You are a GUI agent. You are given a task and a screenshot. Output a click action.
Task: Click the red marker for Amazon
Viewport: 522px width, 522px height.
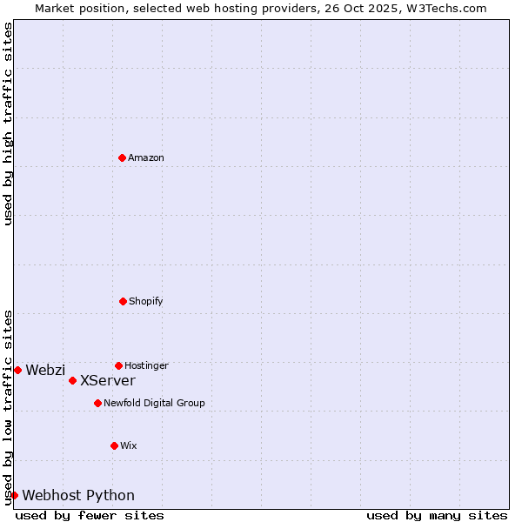tap(122, 157)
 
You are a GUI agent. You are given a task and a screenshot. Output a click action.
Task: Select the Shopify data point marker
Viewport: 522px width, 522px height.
tap(123, 301)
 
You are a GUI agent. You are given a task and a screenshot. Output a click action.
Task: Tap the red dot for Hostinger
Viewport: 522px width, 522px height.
tap(118, 365)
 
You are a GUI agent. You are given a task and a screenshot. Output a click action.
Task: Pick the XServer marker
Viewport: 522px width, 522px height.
tap(72, 380)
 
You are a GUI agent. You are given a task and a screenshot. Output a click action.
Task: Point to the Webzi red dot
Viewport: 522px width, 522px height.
tap(17, 370)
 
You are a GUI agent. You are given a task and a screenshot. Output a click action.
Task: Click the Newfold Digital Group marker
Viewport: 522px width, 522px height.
tap(97, 403)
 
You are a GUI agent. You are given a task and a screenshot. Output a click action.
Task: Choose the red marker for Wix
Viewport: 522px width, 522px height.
tap(114, 445)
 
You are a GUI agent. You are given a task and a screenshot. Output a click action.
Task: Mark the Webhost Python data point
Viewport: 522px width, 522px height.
tap(14, 495)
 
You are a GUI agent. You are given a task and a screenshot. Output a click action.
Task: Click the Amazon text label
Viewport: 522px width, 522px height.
tap(146, 157)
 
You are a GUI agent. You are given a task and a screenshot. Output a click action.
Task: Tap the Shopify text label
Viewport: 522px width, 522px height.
tap(146, 301)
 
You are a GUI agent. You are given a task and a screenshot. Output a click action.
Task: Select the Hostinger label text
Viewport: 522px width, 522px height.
tap(146, 365)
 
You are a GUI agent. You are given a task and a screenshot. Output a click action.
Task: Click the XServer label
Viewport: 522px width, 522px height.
tap(108, 380)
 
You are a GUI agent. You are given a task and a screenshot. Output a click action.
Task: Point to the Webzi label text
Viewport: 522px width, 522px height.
tap(45, 370)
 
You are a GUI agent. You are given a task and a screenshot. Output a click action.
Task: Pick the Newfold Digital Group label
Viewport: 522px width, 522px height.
tap(154, 403)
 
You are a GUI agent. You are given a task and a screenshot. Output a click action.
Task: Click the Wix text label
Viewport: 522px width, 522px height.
tap(129, 445)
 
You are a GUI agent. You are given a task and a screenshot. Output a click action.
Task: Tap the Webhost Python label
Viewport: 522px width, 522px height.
tap(78, 495)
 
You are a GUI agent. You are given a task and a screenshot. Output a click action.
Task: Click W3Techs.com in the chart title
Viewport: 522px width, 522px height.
tap(445, 8)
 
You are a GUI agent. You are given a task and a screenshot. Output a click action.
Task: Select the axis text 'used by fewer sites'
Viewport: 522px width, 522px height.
tap(90, 515)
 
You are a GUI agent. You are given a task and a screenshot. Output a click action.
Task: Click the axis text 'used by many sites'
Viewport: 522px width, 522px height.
tap(437, 515)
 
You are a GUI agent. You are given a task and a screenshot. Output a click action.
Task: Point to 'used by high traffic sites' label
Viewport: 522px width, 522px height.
tap(8, 124)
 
